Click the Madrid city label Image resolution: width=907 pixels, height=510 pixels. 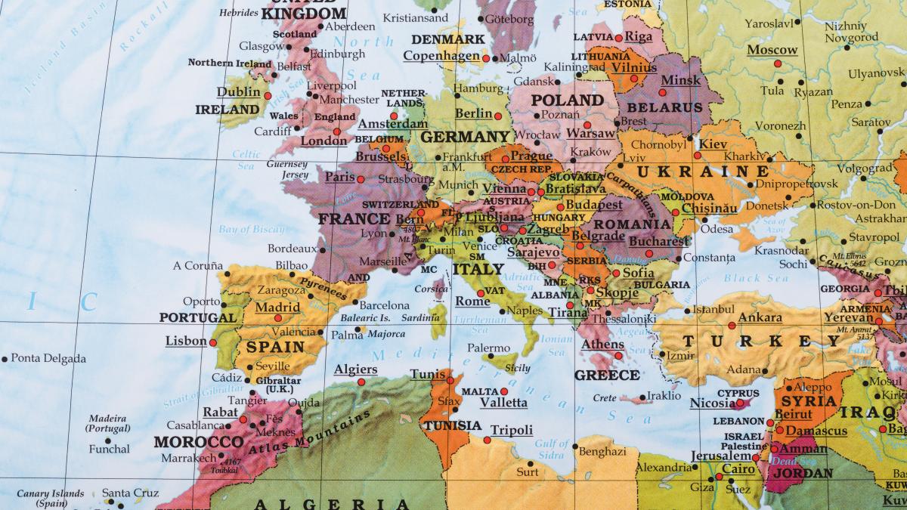point(277,308)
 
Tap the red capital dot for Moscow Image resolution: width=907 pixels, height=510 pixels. point(778,63)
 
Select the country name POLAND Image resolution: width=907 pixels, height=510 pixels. point(567,100)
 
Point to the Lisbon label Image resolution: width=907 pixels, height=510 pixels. point(186,341)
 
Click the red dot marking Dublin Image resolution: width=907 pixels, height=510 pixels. point(268,96)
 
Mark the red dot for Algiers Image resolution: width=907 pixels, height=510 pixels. point(361,382)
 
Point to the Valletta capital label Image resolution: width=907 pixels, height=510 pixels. point(503,403)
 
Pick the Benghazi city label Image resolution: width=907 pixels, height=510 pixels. point(602,451)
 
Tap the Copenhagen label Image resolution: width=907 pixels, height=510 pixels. point(441,56)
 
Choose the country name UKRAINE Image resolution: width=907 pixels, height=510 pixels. point(692,172)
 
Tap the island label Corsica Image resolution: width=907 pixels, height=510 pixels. point(431,288)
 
